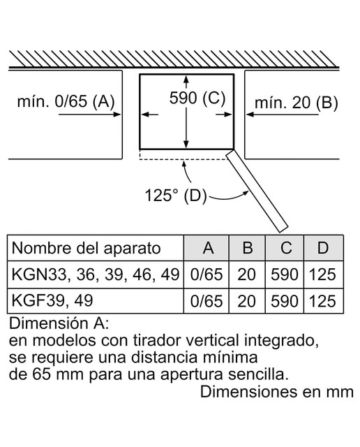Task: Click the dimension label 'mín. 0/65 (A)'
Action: point(66,101)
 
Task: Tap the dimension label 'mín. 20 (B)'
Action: point(297,103)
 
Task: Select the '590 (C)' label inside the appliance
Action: point(197,98)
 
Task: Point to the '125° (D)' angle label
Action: point(176,196)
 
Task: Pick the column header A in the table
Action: point(209,248)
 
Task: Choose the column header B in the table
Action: point(247,248)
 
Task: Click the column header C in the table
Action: point(285,248)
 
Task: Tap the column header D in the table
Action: point(323,248)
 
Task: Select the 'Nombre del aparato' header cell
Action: point(87,249)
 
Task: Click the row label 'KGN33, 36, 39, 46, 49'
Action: point(96,274)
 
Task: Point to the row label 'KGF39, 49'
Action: point(52,300)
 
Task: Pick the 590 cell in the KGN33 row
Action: point(285,274)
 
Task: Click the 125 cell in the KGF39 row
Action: point(322,301)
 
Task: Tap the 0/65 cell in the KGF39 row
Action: point(207,301)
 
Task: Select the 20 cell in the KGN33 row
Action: point(246,274)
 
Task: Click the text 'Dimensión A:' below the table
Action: point(59,323)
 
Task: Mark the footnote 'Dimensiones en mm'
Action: point(277,392)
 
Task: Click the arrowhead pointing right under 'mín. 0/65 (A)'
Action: point(117,115)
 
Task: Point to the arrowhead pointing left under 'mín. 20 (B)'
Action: point(250,115)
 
